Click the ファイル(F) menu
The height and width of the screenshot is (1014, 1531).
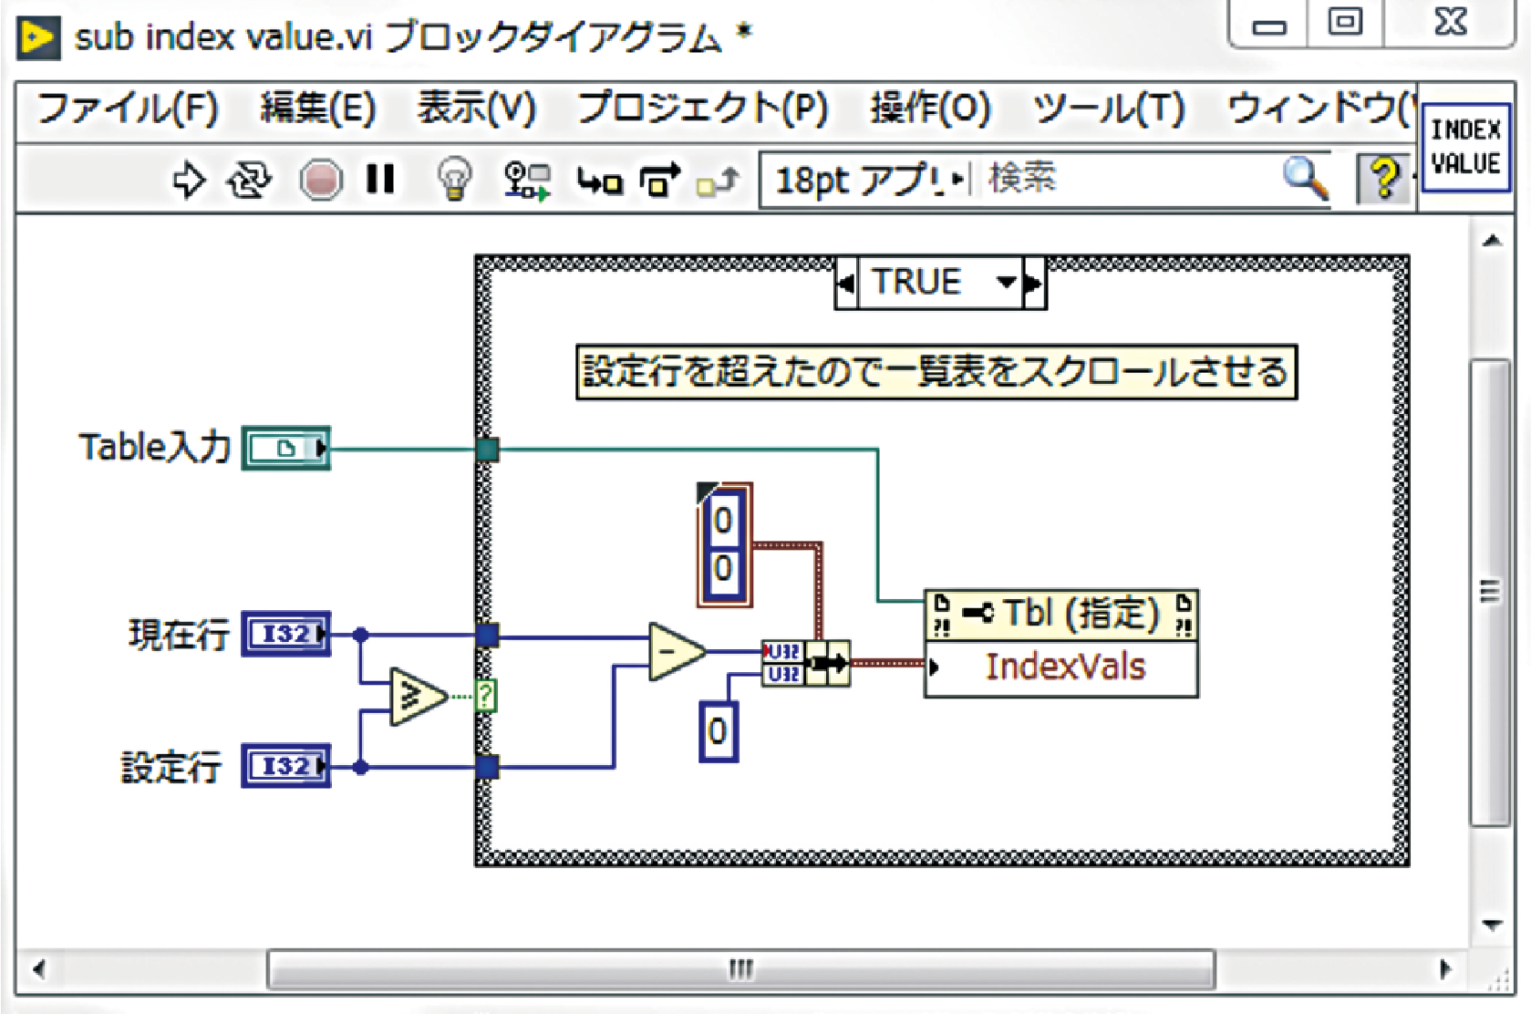127,109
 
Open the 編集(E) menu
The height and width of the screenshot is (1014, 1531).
317,109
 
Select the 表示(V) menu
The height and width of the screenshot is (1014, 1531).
476,109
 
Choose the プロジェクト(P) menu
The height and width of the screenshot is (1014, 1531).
702,109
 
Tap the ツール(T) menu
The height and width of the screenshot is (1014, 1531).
1108,109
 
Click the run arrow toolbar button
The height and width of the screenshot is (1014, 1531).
188,180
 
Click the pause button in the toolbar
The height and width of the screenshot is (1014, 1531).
380,180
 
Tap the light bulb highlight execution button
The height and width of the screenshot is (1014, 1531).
454,179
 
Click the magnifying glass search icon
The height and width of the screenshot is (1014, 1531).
1304,178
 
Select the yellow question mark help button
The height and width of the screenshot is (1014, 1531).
1383,178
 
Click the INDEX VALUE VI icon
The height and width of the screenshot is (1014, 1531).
1465,147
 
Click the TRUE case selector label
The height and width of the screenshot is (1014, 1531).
916,282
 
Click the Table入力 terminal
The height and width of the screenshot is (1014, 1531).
286,449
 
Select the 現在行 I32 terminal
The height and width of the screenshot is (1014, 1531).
286,634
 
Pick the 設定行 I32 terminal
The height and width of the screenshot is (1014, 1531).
286,766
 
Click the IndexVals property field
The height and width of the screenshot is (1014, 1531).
1064,667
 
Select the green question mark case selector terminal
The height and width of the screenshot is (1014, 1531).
485,697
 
